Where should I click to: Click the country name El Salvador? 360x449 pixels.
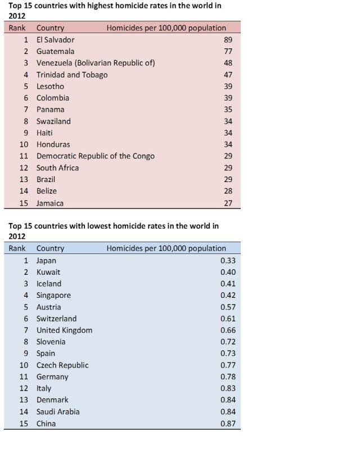click(x=55, y=40)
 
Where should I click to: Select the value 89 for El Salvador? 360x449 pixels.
click(x=227, y=40)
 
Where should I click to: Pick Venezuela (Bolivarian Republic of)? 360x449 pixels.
click(x=96, y=63)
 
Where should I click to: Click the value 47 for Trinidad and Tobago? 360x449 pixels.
click(x=227, y=75)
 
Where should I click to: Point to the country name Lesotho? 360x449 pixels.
click(x=50, y=87)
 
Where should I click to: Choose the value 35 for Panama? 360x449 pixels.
click(x=227, y=110)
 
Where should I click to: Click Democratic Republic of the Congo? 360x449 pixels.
click(x=95, y=156)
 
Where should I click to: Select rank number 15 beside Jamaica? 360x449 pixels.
click(x=24, y=203)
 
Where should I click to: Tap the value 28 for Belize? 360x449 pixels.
click(x=227, y=191)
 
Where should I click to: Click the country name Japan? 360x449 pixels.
click(x=46, y=261)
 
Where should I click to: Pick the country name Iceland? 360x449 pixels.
click(x=49, y=284)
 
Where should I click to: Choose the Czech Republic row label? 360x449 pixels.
click(x=62, y=365)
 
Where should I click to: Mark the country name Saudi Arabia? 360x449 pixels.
click(x=58, y=412)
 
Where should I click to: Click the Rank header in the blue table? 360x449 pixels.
click(x=17, y=248)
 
